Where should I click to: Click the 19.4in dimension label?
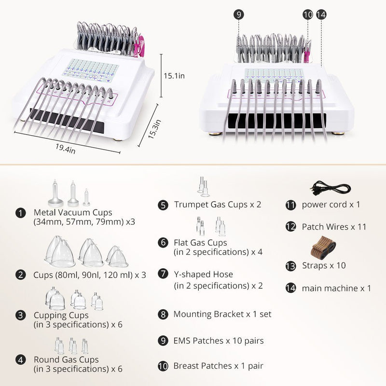[x=65, y=149]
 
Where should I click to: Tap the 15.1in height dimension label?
[x=174, y=76]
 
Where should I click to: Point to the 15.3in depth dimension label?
[x=154, y=129]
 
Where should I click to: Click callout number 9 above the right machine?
[x=238, y=14]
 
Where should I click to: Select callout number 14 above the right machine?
[x=321, y=14]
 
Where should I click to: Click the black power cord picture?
[x=330, y=189]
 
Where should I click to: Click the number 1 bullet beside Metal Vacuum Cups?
[x=20, y=213]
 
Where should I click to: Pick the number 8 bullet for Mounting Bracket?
[x=163, y=315]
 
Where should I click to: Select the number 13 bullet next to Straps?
[x=290, y=266]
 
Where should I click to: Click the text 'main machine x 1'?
[x=336, y=288]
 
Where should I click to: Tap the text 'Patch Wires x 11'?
[x=334, y=227]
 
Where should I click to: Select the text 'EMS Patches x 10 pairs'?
[x=219, y=341]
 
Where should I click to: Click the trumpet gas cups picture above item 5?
[x=203, y=186]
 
